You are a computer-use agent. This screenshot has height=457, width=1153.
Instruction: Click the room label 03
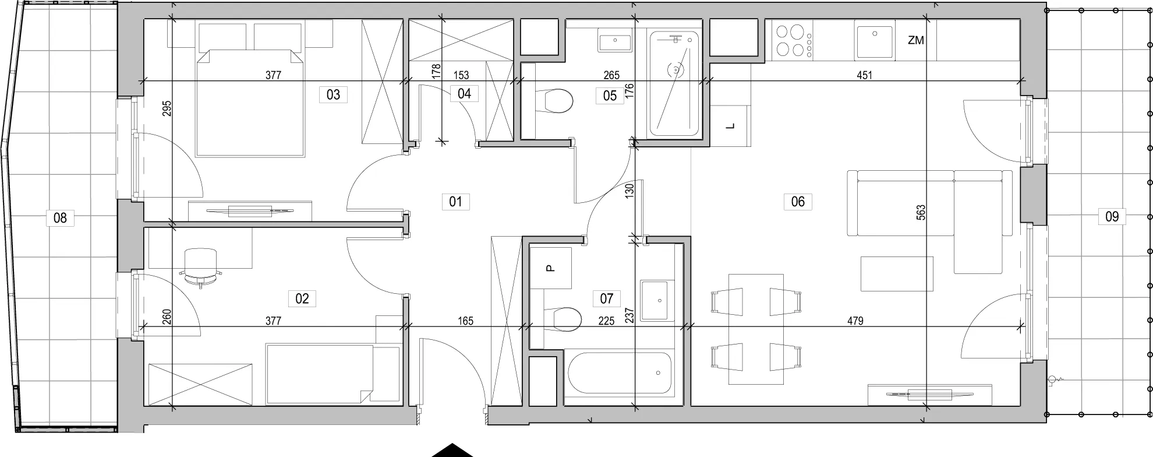coord(333,94)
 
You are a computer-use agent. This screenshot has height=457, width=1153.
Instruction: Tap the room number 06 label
coord(798,202)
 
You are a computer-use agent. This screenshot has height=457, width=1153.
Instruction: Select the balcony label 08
coord(60,218)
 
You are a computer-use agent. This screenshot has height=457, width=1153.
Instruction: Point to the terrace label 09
coord(1112,217)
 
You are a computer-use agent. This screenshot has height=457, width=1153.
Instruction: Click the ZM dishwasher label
coord(916,40)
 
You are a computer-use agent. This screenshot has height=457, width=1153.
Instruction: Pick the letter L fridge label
coord(731,126)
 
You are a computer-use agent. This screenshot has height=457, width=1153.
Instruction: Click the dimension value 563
coord(921,212)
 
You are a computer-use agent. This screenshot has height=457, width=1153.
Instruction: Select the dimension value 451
coord(864,75)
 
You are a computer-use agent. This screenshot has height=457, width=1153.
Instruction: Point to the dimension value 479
coord(855,321)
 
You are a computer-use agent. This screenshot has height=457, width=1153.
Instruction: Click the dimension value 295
coord(167,110)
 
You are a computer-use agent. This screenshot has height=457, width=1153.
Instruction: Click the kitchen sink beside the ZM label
coord(874,41)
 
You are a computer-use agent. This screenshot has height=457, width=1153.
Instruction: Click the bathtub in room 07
coord(619,374)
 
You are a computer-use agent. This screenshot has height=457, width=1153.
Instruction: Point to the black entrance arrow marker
coord(452,451)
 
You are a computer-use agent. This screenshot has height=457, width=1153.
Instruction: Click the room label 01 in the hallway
coord(455,202)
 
